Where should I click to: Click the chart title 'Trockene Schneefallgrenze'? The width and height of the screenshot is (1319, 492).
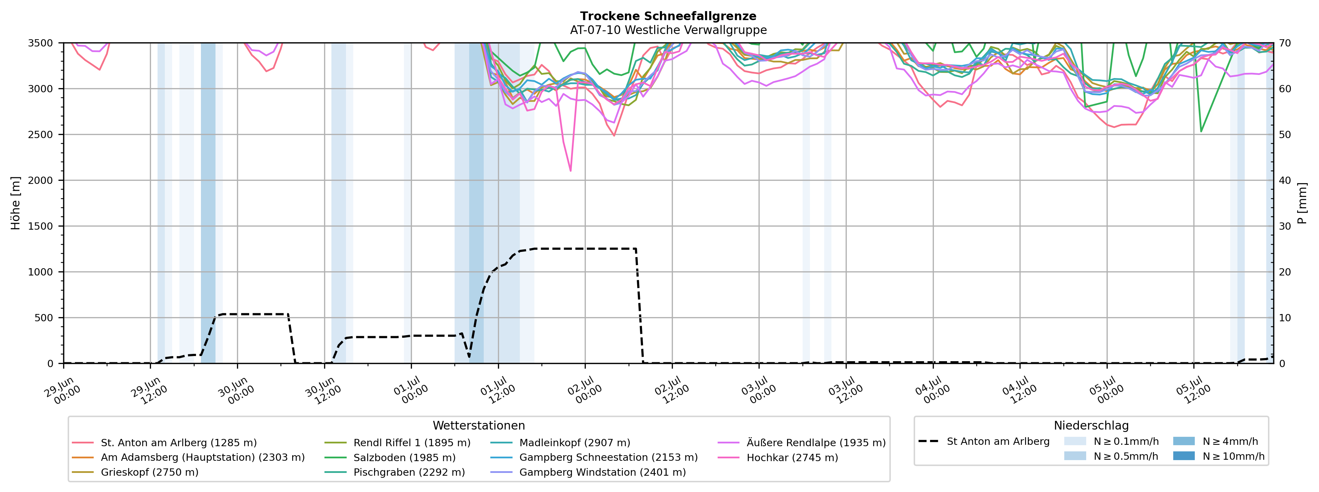(x=668, y=16)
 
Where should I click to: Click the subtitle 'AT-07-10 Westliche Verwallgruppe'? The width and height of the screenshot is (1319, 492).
(x=668, y=30)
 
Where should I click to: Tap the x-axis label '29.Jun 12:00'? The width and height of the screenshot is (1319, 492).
(x=150, y=390)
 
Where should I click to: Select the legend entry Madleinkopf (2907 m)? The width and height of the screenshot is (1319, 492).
(x=560, y=443)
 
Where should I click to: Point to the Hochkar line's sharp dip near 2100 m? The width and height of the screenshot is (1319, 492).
(x=570, y=170)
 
